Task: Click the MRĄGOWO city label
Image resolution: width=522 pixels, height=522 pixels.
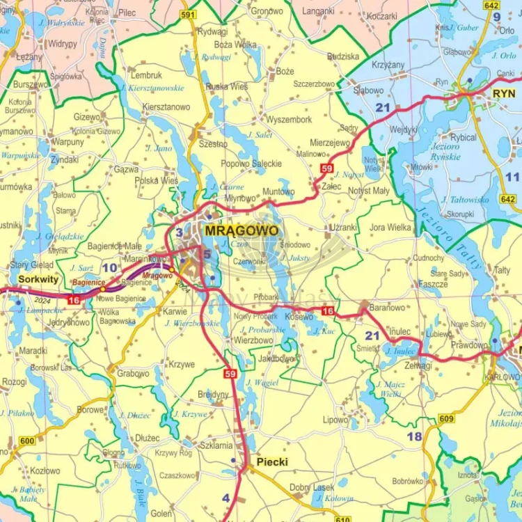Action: pyautogui.click(x=241, y=230)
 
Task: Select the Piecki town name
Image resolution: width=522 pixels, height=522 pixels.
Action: pyautogui.click(x=271, y=461)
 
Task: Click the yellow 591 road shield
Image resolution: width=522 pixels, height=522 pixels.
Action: pyautogui.click(x=187, y=14)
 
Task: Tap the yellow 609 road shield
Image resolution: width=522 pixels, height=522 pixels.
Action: pyautogui.click(x=446, y=418)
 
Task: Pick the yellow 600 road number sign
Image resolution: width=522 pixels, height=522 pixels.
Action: pyautogui.click(x=27, y=441)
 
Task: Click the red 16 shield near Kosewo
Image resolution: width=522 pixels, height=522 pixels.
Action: pyautogui.click(x=328, y=310)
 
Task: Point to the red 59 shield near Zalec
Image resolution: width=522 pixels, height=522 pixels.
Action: pyautogui.click(x=327, y=168)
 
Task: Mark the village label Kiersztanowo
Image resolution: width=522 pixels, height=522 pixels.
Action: pyautogui.click(x=166, y=107)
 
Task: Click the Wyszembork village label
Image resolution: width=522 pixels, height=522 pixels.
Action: pyautogui.click(x=289, y=120)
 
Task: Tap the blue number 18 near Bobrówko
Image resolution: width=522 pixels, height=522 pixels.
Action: pyautogui.click(x=414, y=436)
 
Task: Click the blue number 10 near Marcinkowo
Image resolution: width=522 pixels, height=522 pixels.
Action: pyautogui.click(x=109, y=267)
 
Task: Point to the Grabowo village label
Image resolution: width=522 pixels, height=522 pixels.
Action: pyautogui.click(x=133, y=373)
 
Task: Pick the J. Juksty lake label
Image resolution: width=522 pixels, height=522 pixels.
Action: pyautogui.click(x=296, y=258)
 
